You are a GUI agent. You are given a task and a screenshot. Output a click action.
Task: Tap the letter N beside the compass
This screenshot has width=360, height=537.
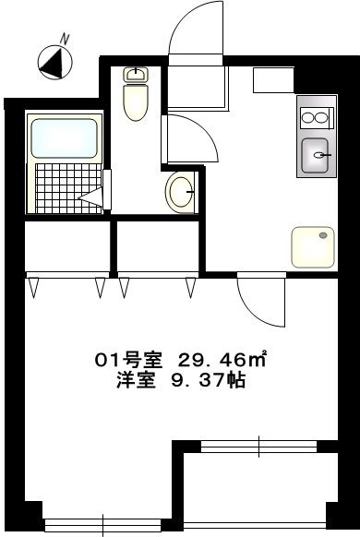click(x=66, y=39)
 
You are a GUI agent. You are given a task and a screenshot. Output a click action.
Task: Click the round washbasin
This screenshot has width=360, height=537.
click(x=179, y=192)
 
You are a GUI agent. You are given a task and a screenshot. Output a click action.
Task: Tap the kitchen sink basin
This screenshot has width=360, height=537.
click(x=317, y=155)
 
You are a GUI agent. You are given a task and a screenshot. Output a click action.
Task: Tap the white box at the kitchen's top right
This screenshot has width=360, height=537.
click(x=273, y=81)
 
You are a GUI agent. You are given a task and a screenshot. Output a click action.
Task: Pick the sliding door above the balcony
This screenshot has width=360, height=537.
click(x=259, y=447)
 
